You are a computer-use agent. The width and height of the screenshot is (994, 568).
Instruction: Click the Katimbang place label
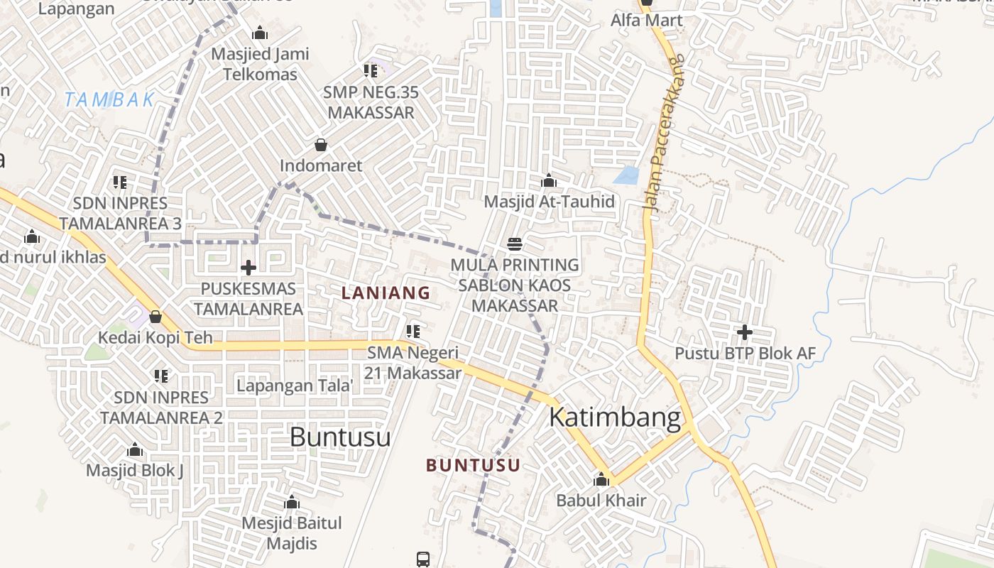tap(615, 417)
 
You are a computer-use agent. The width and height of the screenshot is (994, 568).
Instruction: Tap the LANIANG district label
tap(386, 293)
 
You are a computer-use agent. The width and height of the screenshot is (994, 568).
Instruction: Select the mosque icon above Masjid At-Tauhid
tap(548, 181)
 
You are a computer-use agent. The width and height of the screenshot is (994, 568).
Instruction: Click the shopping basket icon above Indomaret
tap(321, 145)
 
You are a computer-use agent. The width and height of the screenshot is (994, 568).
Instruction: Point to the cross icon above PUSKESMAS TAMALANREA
tap(248, 268)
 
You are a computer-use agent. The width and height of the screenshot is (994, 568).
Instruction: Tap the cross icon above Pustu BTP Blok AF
tap(744, 332)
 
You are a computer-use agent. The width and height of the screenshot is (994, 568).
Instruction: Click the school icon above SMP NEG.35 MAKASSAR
tap(370, 71)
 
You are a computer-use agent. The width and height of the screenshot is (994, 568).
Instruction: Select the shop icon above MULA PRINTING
tap(515, 244)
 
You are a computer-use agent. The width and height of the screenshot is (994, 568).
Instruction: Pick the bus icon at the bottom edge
tap(423, 559)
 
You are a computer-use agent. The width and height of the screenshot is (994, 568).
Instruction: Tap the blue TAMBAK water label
tap(109, 100)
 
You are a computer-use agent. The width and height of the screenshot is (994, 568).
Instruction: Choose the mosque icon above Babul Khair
tap(601, 479)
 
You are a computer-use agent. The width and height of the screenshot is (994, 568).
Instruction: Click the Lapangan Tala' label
tap(295, 386)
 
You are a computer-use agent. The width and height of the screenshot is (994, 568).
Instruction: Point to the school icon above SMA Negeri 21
tap(413, 331)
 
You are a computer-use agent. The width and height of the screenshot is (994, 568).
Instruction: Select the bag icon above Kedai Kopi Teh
tap(155, 317)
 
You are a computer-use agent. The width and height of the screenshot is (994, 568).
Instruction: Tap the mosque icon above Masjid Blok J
tap(134, 449)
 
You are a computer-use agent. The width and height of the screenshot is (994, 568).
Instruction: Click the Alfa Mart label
tap(646, 21)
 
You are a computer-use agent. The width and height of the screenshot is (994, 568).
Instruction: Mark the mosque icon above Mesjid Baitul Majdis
tap(291, 503)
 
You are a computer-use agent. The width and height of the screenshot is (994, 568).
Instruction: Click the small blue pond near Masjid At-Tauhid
tap(626, 175)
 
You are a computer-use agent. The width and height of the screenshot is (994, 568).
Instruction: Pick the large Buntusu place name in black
tap(340, 437)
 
